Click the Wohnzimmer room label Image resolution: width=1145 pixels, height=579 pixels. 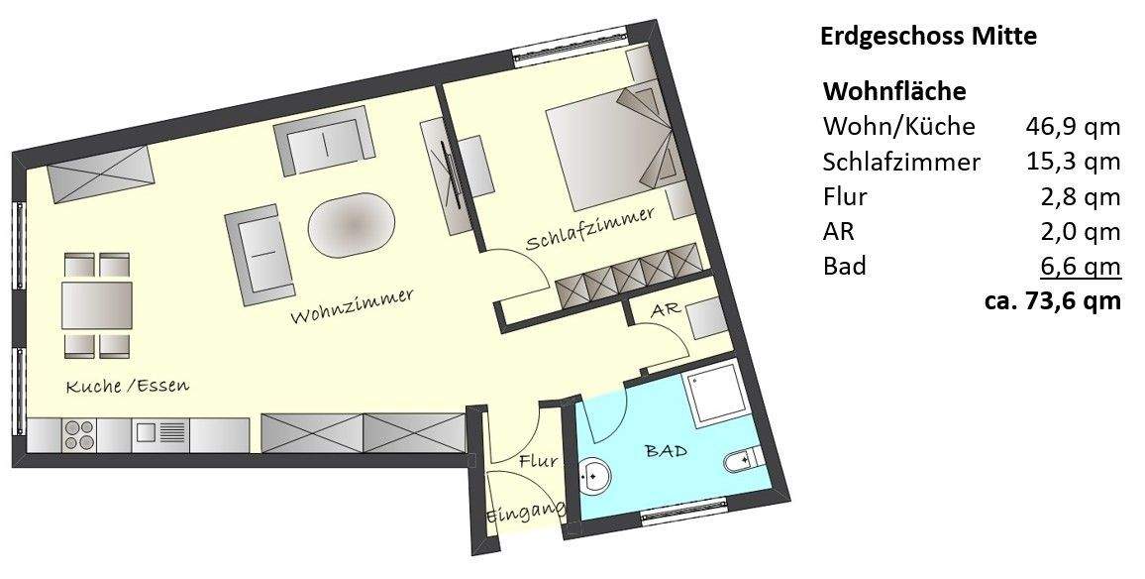352,306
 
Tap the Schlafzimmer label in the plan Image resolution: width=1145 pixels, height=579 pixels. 590,229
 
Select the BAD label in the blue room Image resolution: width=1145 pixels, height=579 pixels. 666,451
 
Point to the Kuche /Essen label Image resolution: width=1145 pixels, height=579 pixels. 127,387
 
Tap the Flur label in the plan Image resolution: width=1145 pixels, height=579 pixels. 538,461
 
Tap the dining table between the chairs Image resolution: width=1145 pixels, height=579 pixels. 97,305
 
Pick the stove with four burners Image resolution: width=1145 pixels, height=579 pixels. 79,435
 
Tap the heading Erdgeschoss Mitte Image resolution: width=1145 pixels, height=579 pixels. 928,38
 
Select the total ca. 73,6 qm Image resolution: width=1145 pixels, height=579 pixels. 1052,301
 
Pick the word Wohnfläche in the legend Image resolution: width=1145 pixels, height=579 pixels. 894,92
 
